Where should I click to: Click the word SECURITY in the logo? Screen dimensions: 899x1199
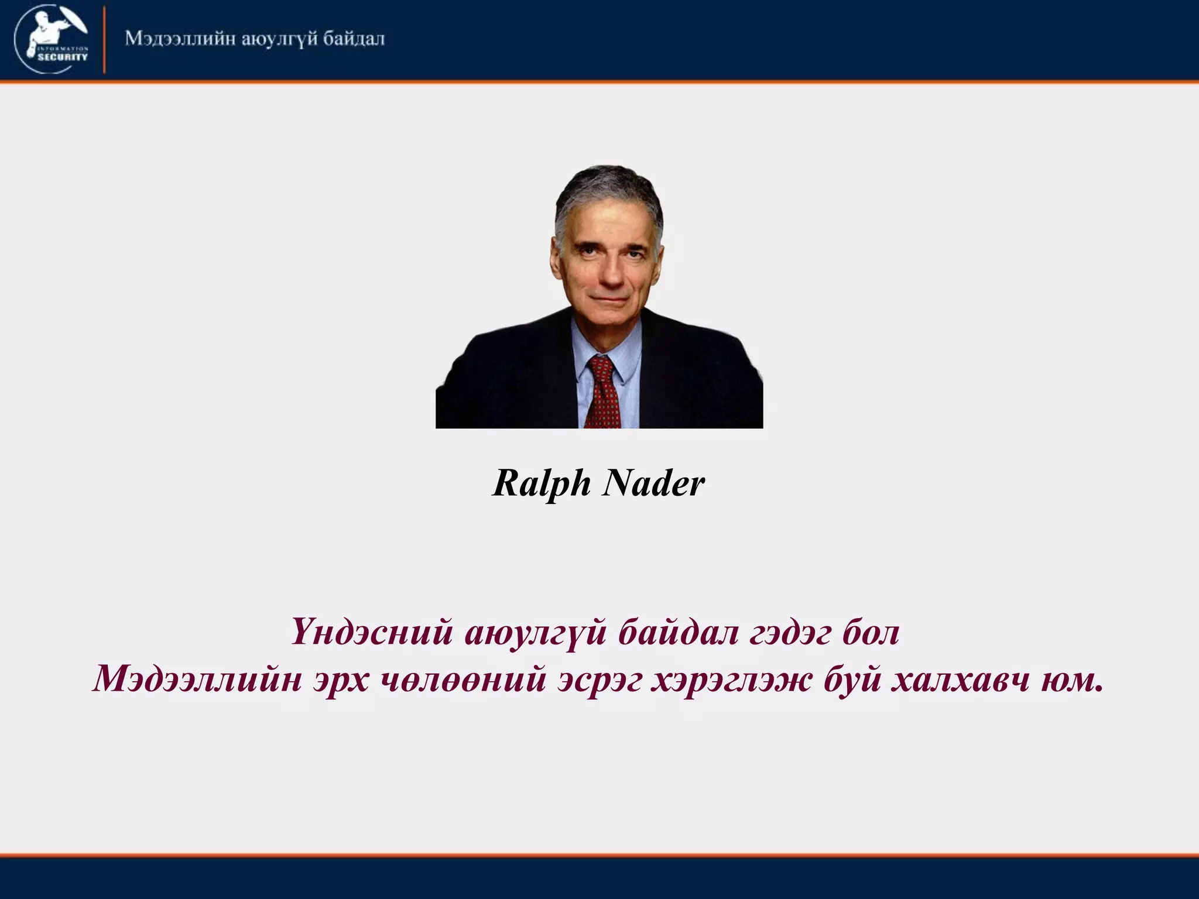[x=63, y=57]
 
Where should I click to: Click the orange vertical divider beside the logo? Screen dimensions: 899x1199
[x=104, y=40]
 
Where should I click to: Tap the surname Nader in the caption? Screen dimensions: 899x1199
[x=653, y=484]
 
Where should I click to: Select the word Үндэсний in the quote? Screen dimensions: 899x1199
[x=371, y=633]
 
